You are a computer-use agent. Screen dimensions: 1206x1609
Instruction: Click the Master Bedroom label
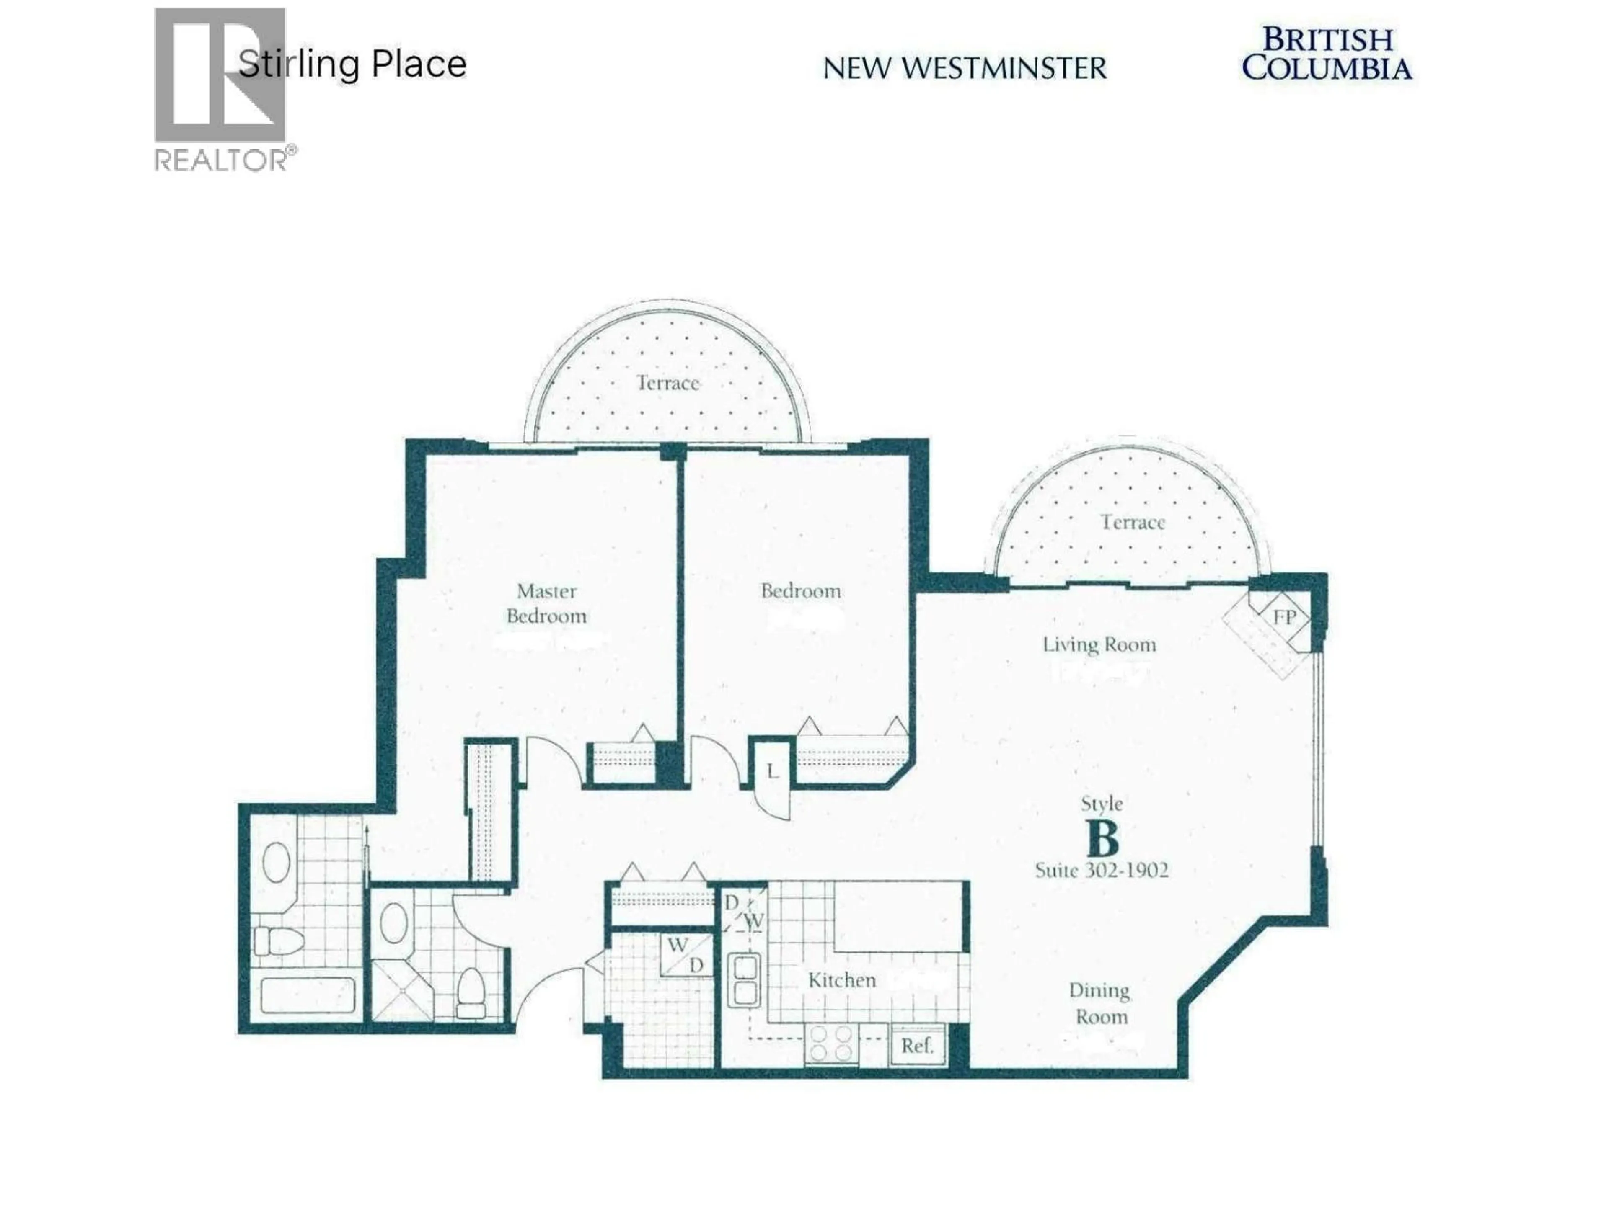tap(546, 603)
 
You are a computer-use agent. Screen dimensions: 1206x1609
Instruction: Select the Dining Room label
tap(1100, 1004)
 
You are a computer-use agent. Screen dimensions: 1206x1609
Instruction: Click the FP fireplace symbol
tap(1284, 617)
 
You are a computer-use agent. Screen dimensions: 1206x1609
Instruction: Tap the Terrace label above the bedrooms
tap(668, 383)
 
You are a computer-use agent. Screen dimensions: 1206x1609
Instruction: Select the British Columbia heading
tap(1327, 54)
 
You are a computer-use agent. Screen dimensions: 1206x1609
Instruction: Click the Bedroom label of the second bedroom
tap(801, 591)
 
